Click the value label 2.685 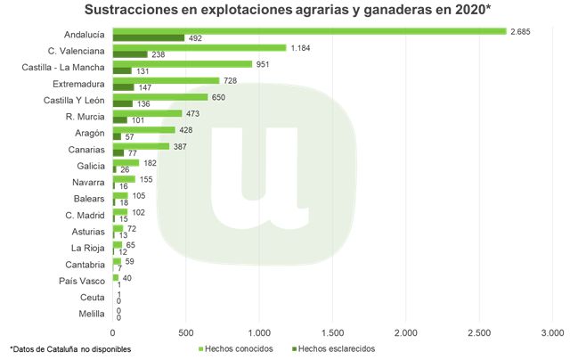[x=520, y=31]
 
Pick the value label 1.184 [x=300, y=48]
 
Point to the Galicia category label [x=90, y=166]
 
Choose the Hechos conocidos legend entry [x=234, y=348]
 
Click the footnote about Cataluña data [x=70, y=348]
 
